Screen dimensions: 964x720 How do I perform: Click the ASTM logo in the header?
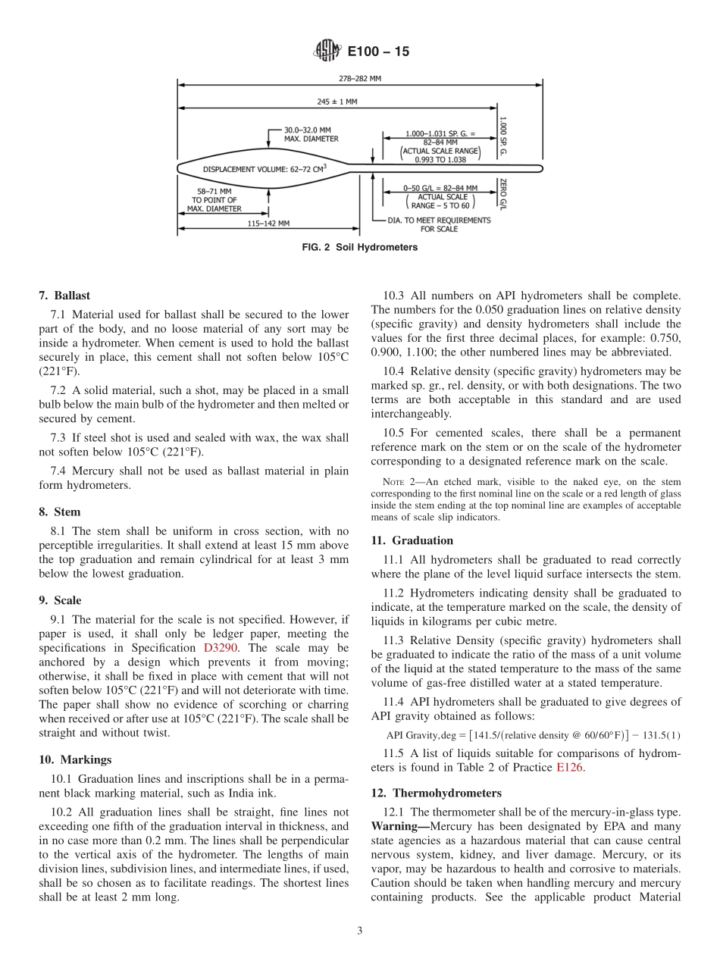[x=327, y=52]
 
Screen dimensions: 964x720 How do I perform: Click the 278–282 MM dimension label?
[x=360, y=77]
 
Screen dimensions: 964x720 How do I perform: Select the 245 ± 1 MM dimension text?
[x=337, y=100]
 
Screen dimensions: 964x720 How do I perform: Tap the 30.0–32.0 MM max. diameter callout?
[x=311, y=134]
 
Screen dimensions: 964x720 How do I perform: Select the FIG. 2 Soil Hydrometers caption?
[x=359, y=247]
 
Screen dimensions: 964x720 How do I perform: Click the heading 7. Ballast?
[x=64, y=296]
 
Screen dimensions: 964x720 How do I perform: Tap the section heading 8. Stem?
[x=60, y=512]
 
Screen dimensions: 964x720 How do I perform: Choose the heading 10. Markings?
[x=75, y=759]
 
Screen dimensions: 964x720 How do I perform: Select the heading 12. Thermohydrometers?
[x=436, y=793]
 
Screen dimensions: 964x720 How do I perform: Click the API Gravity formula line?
[x=533, y=734]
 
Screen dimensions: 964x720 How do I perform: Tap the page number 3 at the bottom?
[x=360, y=931]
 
